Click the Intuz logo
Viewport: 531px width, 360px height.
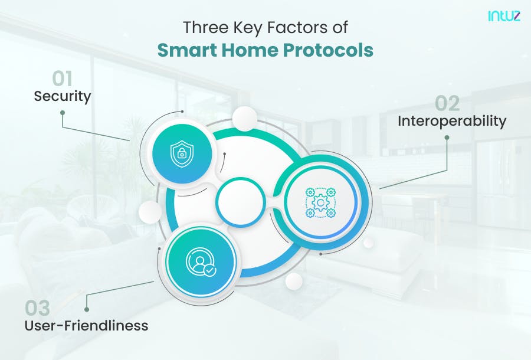tap(503, 16)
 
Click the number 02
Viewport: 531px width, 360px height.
tap(447, 103)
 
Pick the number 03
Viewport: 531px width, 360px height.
tap(37, 308)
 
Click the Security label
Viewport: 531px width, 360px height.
tap(62, 96)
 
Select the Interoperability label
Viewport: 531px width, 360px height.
tap(451, 121)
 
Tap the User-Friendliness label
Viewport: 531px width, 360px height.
tap(86, 325)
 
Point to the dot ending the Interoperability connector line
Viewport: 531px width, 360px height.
tap(447, 138)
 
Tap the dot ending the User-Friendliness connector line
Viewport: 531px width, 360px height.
tap(87, 308)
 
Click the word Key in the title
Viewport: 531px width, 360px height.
tap(250, 28)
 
